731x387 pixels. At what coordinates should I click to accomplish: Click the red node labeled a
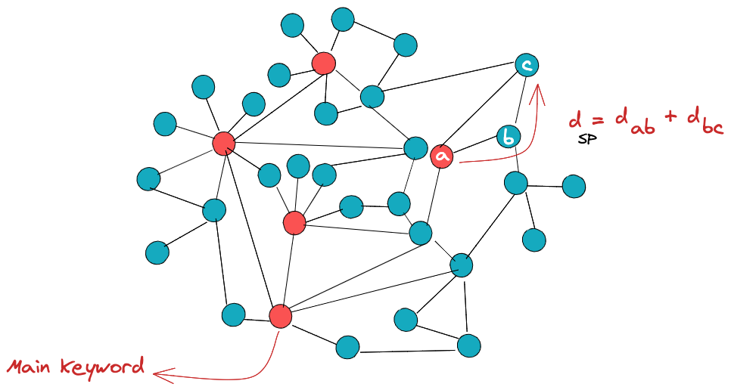pos(442,156)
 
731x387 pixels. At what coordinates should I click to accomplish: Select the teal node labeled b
pos(509,138)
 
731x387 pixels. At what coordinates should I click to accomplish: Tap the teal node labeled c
pos(527,65)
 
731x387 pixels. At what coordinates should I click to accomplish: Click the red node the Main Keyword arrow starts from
pos(281,316)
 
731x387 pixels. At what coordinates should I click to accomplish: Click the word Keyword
pos(104,368)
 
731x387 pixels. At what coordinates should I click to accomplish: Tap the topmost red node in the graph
pos(324,63)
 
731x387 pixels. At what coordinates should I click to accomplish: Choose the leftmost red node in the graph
pos(223,142)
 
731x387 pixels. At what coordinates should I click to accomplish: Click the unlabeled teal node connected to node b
pos(515,183)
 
